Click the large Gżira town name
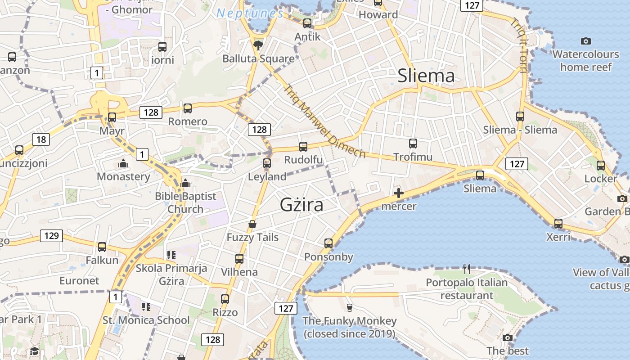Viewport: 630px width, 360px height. coord(301,205)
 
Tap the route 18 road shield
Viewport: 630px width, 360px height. coord(41,139)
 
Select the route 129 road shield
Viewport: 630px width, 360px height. coord(51,235)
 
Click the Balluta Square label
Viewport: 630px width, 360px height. coord(259,58)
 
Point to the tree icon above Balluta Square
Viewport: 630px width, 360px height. coord(258,45)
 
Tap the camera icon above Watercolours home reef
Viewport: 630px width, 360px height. coord(585,41)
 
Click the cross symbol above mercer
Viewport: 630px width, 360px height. coord(399,193)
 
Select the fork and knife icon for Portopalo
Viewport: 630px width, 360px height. coord(467,269)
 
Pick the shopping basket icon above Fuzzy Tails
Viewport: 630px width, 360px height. coord(252,224)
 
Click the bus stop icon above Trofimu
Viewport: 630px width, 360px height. coord(413,144)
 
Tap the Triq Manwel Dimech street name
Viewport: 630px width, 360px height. coord(325,121)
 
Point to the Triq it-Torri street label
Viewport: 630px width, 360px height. coord(519,45)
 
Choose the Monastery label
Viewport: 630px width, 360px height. coord(123,176)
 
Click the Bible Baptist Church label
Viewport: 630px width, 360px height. coord(185,202)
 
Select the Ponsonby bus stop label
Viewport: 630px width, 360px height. coord(328,257)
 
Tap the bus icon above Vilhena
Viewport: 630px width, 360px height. coord(239,259)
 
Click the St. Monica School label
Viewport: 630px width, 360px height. coord(146,320)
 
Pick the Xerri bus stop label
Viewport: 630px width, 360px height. coord(558,237)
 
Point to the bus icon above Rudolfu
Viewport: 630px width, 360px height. coord(303,147)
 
